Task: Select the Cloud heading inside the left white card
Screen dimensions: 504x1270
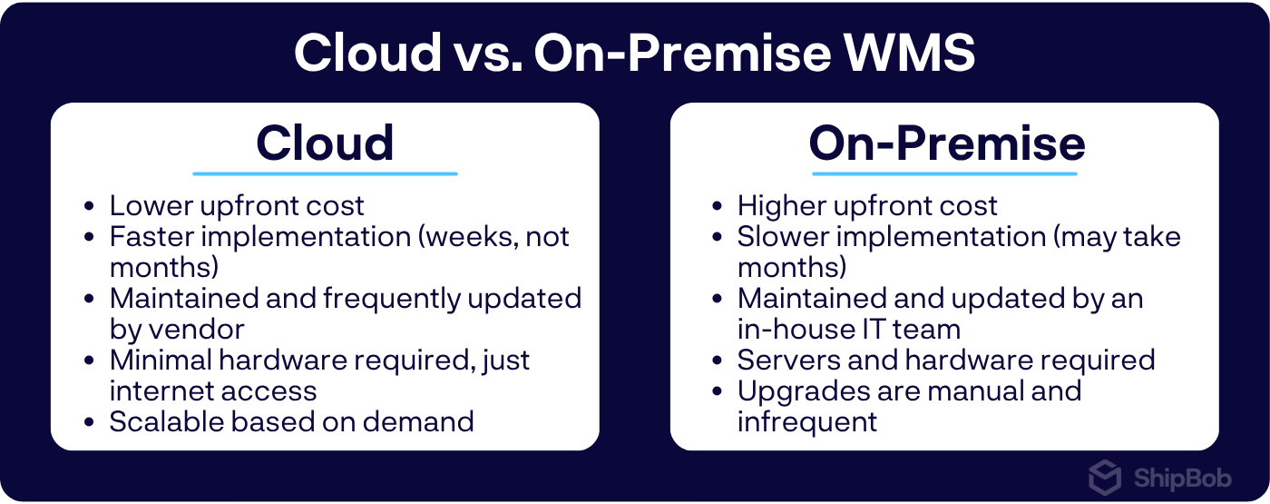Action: tap(325, 143)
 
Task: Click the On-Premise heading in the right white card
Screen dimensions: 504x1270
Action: tap(946, 143)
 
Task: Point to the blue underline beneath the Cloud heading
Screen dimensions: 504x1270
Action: tap(325, 173)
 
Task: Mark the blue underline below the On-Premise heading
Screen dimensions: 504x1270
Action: tap(944, 173)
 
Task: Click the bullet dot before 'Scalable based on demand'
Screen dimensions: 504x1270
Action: tap(89, 422)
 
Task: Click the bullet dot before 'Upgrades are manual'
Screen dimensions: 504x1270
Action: tap(717, 391)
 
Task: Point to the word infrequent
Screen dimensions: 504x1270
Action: tap(807, 421)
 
